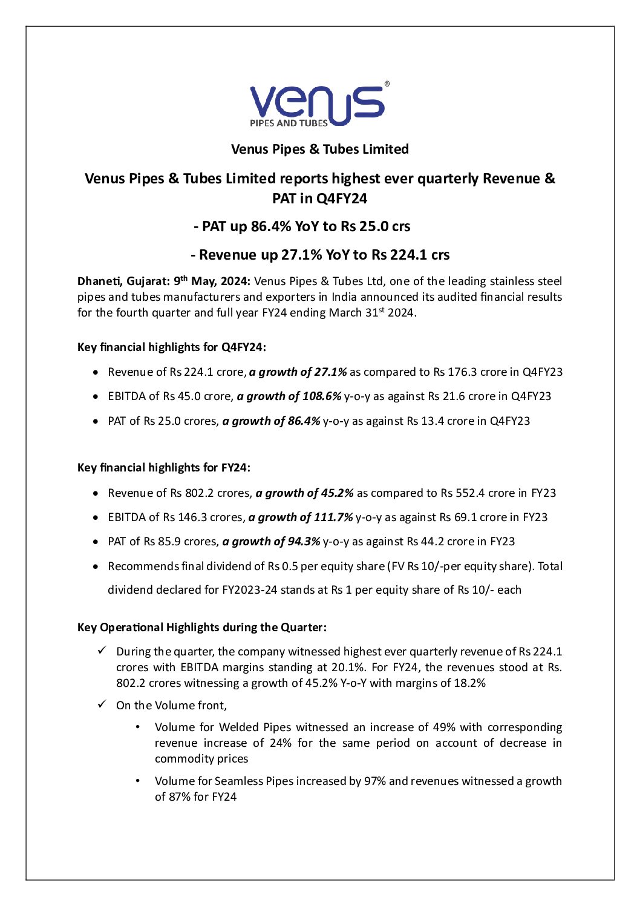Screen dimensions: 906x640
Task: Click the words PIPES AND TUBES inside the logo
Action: [x=289, y=123]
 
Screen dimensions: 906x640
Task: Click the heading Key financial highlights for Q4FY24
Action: [x=171, y=347]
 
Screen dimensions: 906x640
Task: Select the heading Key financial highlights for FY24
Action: [x=163, y=468]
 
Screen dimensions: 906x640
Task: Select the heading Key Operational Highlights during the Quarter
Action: [x=201, y=628]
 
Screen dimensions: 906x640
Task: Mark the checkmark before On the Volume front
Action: [x=102, y=704]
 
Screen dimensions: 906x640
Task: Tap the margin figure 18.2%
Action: [x=469, y=683]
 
